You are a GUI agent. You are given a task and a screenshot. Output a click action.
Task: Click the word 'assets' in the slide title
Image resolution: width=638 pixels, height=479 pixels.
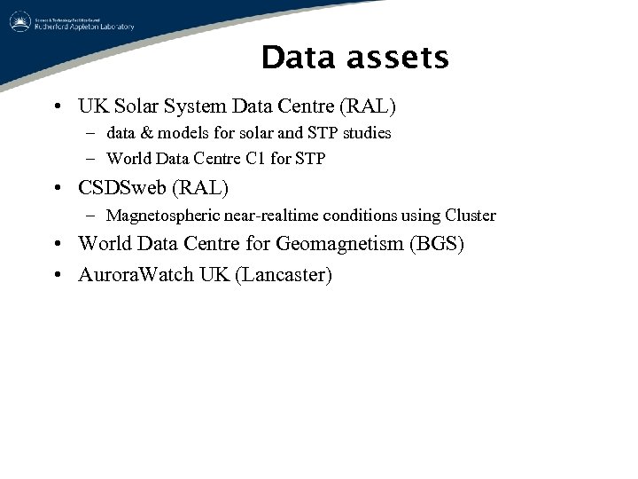[x=401, y=59]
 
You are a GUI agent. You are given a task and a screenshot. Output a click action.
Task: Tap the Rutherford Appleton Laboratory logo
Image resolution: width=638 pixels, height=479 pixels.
[x=71, y=21]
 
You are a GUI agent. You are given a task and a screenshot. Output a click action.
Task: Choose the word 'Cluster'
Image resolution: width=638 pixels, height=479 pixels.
[x=471, y=216]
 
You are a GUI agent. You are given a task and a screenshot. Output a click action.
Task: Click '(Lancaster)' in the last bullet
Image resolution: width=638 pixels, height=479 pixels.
[x=284, y=275]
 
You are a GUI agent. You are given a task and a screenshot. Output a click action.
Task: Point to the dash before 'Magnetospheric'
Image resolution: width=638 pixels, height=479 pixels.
[x=91, y=216]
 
